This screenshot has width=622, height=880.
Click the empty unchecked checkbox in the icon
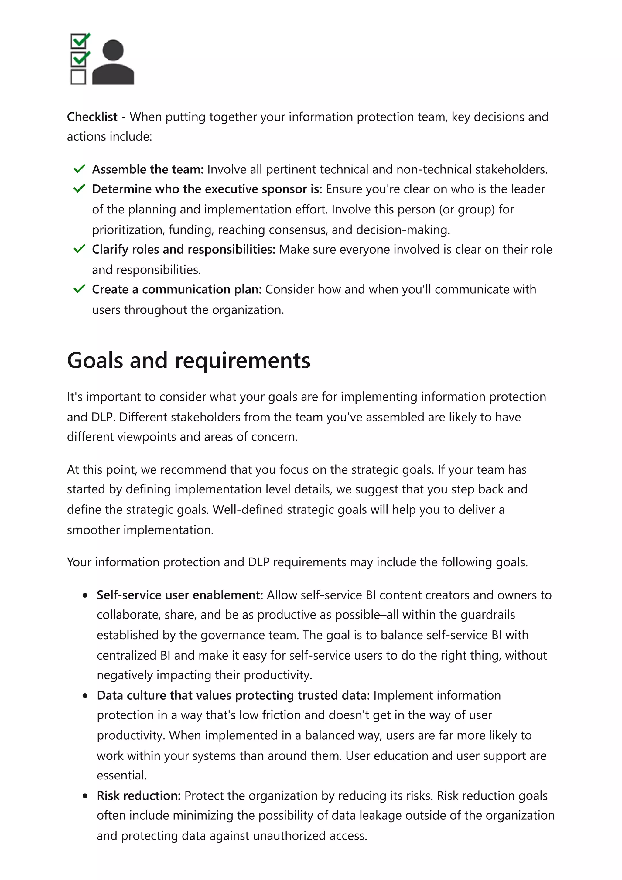point(78,77)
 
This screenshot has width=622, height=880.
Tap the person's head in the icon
point(114,50)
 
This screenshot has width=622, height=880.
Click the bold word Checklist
point(92,117)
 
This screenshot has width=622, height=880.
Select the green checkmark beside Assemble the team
point(79,169)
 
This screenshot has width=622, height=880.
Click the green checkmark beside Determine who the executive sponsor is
point(79,189)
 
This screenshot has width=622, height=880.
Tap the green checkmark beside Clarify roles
point(79,249)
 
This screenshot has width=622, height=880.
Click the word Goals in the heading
point(96,361)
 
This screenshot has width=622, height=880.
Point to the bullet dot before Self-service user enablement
point(85,595)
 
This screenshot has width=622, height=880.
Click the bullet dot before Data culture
point(85,696)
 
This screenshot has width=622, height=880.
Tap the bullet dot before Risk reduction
point(85,796)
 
